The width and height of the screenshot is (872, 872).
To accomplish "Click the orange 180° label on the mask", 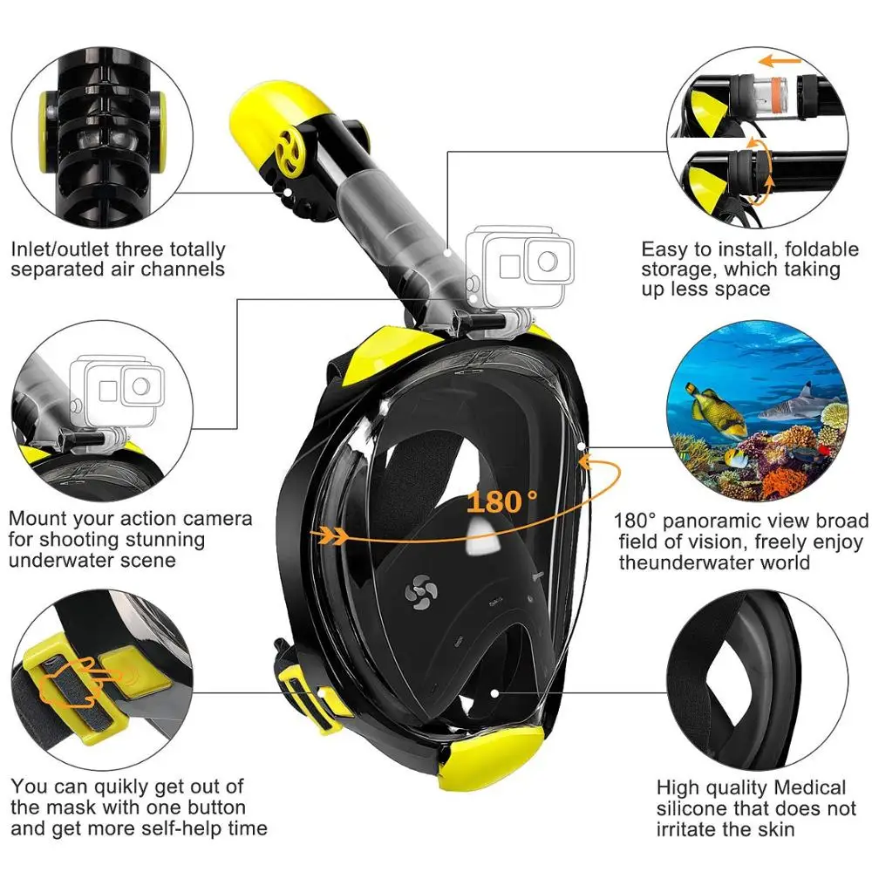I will coord(503,501).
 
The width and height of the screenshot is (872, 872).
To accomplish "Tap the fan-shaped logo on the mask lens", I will coord(419,593).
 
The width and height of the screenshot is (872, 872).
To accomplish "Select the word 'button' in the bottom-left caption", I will coord(213,807).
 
